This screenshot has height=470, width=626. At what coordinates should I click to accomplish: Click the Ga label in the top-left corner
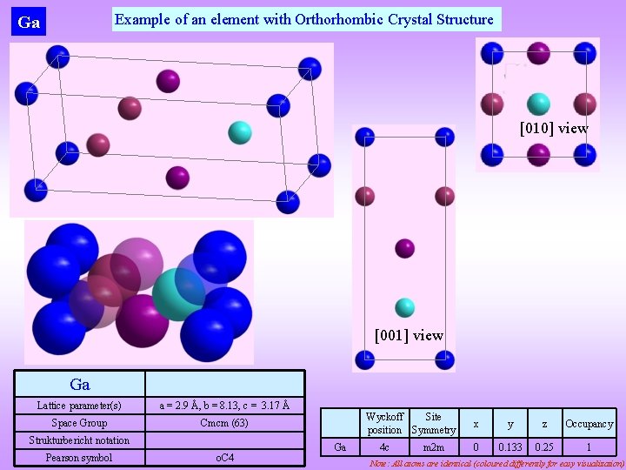tap(29, 23)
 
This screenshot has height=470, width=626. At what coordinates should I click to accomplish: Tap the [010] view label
tap(554, 128)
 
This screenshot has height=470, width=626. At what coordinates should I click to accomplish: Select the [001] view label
tap(409, 335)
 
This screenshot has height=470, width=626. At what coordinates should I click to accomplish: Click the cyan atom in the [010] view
tap(538, 104)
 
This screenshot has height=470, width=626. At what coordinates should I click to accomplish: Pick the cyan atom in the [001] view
tap(404, 307)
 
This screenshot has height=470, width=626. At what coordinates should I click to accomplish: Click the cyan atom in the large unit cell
tap(239, 132)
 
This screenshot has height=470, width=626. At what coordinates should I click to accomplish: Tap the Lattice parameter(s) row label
tap(79, 406)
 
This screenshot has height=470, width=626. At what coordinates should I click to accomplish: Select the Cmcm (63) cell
tap(224, 423)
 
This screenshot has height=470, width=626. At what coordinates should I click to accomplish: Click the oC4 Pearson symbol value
tap(224, 458)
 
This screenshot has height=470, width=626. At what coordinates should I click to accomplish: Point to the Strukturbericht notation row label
tap(79, 440)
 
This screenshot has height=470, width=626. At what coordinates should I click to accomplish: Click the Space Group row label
tap(79, 423)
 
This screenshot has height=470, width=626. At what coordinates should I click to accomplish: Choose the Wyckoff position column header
tap(384, 424)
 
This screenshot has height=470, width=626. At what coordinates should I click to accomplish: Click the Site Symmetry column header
tap(433, 424)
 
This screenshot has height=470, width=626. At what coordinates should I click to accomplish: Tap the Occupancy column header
tap(589, 424)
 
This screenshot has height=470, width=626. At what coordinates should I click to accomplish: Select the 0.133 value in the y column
tap(510, 447)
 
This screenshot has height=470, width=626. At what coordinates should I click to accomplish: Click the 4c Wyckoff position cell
tap(384, 447)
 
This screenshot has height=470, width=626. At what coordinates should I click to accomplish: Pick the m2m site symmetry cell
tap(433, 447)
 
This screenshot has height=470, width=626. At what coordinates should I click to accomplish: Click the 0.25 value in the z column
tap(544, 447)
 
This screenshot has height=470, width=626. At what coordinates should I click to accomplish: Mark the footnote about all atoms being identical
tap(496, 463)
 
